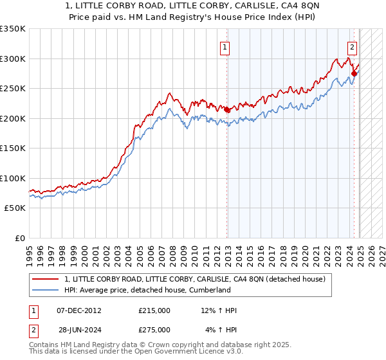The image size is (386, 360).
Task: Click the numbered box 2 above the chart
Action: [353, 46]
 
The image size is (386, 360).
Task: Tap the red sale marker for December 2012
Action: [226, 110]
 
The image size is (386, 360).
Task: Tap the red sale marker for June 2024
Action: [354, 74]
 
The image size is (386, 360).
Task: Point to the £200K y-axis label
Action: [13, 118]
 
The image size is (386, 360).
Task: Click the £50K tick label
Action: [15, 208]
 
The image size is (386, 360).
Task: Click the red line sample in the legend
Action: [46, 279]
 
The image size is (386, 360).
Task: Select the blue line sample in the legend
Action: [46, 290]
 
